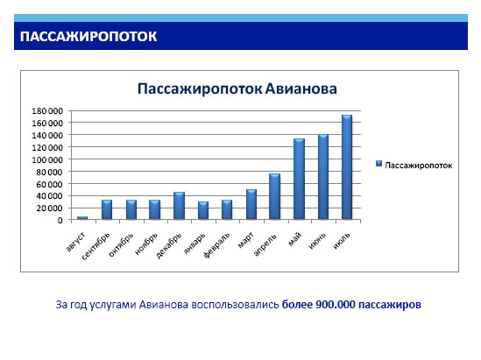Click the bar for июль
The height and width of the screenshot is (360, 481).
pos(347,167)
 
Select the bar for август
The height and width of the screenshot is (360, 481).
pos(82,218)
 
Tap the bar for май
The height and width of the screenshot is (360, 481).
pos(299,179)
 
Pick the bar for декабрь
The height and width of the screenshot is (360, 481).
pos(179,206)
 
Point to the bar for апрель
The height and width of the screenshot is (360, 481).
pos(274,196)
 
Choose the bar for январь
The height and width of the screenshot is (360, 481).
pos(203,210)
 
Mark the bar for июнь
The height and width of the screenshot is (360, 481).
pos(323,177)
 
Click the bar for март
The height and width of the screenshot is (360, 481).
pos(251,205)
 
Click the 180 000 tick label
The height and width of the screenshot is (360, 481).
pos(47,110)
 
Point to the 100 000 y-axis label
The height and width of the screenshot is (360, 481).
pos(47,159)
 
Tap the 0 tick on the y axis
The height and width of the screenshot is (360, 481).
pos(60,220)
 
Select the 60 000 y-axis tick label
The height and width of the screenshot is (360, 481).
pos(49,184)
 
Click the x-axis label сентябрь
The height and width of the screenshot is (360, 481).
pos(95,246)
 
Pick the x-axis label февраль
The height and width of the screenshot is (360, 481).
pos(216,245)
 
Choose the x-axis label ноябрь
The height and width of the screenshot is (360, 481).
pos(146,244)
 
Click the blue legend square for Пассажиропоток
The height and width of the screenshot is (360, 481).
pos(378,164)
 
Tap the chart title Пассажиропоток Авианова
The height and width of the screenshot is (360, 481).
pos(237,89)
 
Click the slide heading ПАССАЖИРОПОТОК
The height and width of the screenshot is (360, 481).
pos(88,37)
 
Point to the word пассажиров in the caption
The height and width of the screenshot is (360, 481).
pos(390,305)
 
